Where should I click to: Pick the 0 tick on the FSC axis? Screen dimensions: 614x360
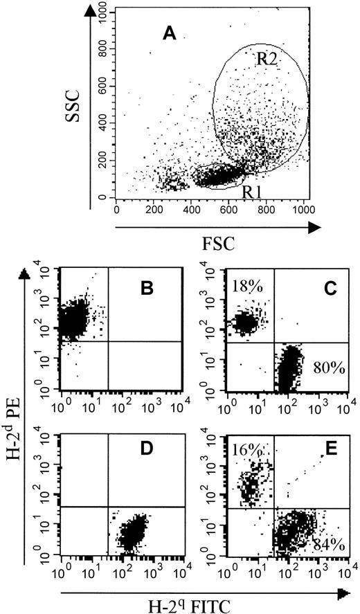pyautogui.click(x=116, y=210)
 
